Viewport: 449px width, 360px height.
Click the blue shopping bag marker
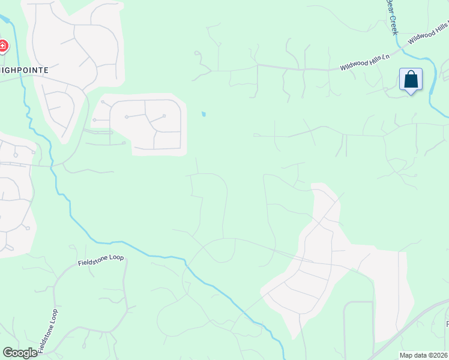[x=411, y=79]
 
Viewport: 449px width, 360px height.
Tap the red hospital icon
[x=2, y=46]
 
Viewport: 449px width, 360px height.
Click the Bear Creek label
[x=391, y=17]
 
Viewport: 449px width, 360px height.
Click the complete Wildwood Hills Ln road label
[x=365, y=62]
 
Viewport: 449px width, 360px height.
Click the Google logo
[x=20, y=353]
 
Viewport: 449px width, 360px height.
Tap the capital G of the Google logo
[x=8, y=353]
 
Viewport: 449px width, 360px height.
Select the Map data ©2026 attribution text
[x=424, y=355]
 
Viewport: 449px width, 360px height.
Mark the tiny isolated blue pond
[x=204, y=114]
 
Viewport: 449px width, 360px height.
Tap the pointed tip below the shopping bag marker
[x=411, y=94]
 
